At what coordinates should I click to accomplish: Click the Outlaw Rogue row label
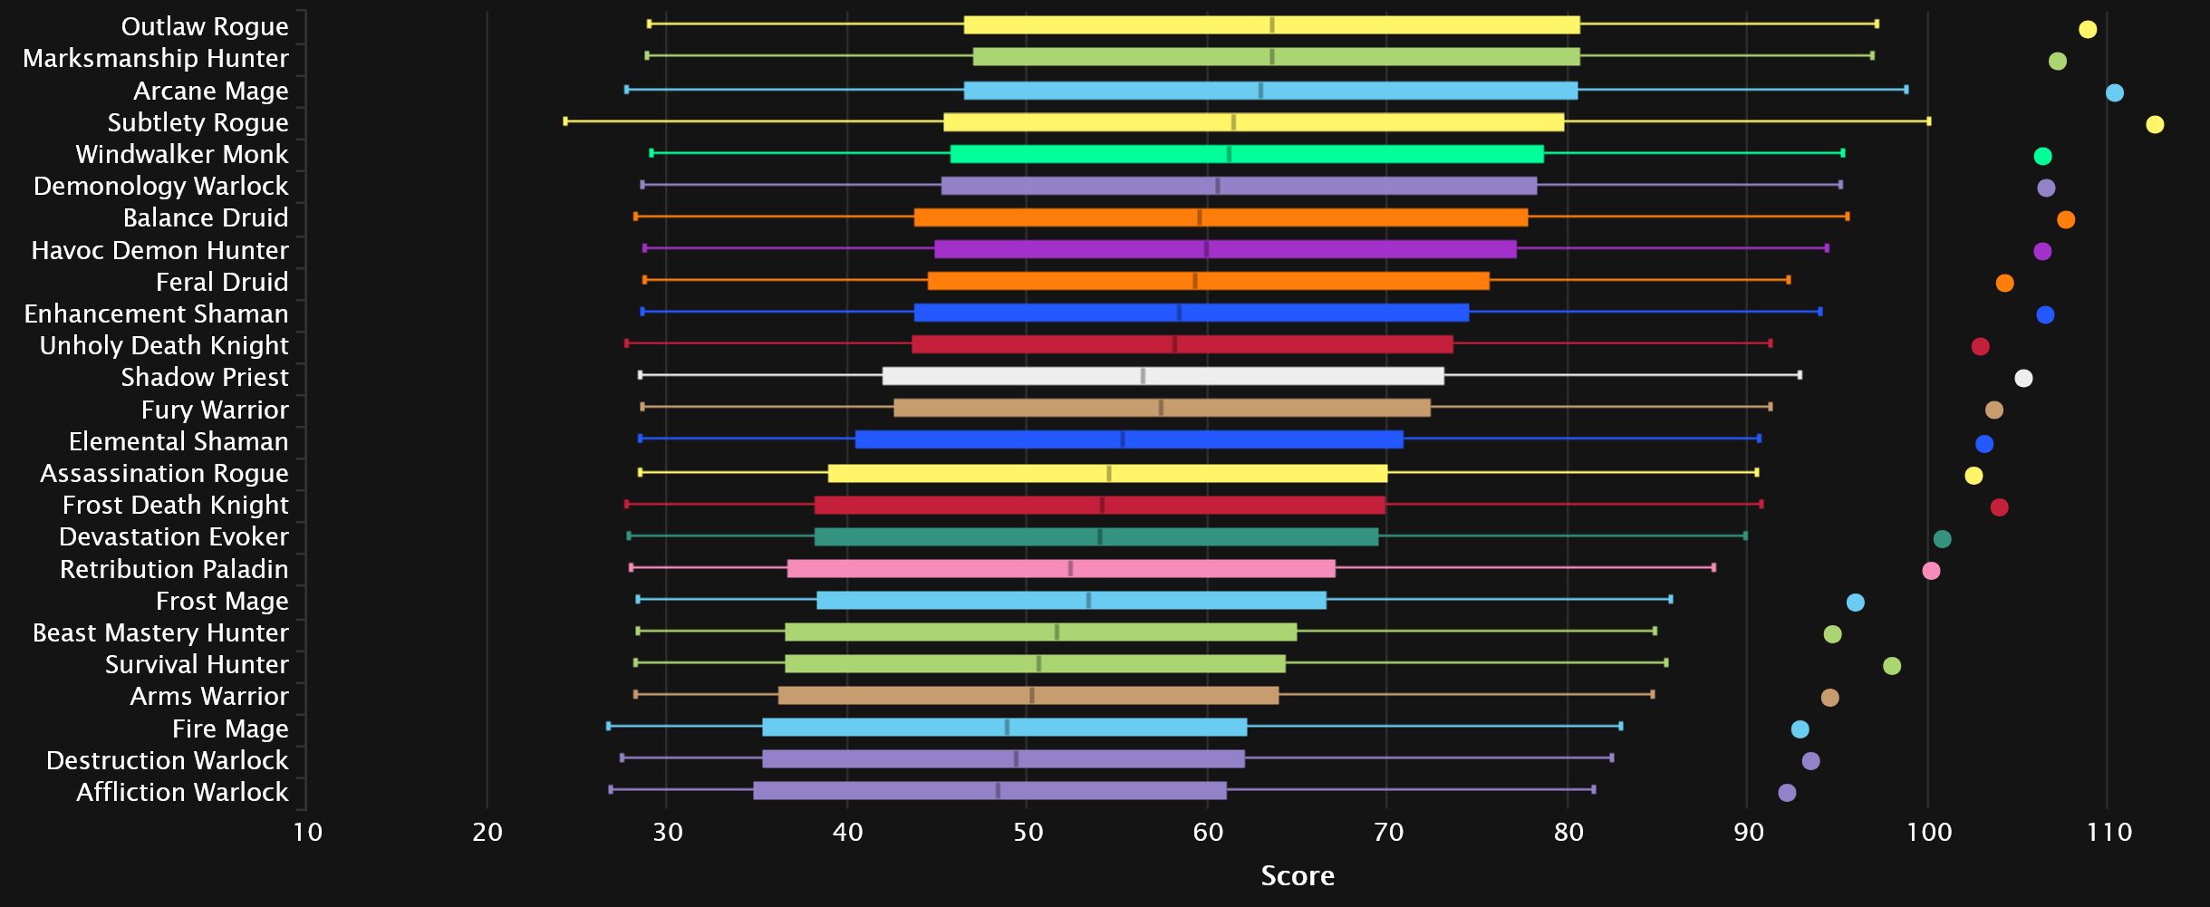(205, 26)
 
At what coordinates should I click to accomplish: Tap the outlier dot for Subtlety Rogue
(2155, 125)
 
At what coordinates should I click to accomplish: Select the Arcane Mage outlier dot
(2114, 93)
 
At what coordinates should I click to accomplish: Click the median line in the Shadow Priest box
(1143, 376)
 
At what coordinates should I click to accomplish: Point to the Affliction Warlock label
(182, 792)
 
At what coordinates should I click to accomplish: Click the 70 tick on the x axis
(1388, 832)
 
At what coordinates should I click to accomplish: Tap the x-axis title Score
(1298, 875)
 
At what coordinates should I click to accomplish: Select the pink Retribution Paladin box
(1061, 569)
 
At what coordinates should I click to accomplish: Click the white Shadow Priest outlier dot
(2023, 379)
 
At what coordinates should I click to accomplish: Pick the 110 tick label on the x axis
(2109, 832)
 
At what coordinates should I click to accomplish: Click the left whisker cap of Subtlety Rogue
(565, 121)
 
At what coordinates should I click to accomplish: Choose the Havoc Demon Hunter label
(159, 250)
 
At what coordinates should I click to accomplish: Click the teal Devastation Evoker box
(1096, 537)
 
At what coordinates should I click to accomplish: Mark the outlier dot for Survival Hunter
(1892, 666)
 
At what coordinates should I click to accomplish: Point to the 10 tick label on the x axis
(308, 832)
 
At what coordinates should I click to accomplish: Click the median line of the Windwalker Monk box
(1229, 154)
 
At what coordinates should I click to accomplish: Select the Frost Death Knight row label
(175, 505)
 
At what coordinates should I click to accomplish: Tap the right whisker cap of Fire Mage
(1621, 727)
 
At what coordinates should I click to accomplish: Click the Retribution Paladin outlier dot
(1931, 571)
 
